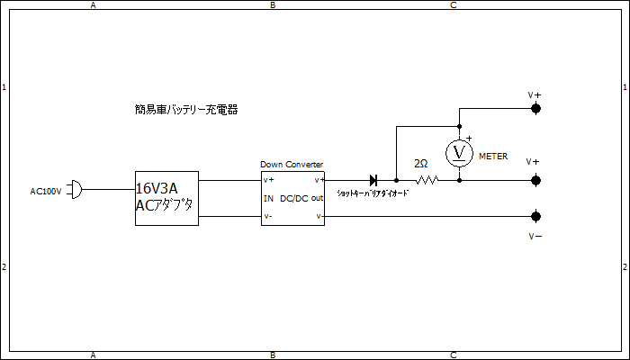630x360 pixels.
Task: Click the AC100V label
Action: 47,191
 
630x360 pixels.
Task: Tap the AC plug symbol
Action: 76,190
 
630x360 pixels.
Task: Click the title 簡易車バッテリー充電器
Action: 185,110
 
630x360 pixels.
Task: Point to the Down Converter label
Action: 292,164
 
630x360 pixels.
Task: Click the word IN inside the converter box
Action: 268,199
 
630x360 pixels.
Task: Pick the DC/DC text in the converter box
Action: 294,199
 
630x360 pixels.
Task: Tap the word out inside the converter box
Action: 318,199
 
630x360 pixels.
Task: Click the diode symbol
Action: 373,180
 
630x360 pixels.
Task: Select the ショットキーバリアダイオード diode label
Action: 373,193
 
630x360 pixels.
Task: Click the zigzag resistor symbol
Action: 426,180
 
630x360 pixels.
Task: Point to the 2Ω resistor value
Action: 420,165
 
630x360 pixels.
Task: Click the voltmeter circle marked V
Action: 460,153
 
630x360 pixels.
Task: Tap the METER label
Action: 493,157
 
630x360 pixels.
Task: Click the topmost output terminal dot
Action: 535,109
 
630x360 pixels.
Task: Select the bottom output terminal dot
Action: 535,217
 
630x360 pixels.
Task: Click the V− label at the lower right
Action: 535,236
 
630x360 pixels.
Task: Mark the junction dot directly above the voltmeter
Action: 460,126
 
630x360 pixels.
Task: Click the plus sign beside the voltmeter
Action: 469,138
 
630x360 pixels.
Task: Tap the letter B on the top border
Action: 273,4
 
